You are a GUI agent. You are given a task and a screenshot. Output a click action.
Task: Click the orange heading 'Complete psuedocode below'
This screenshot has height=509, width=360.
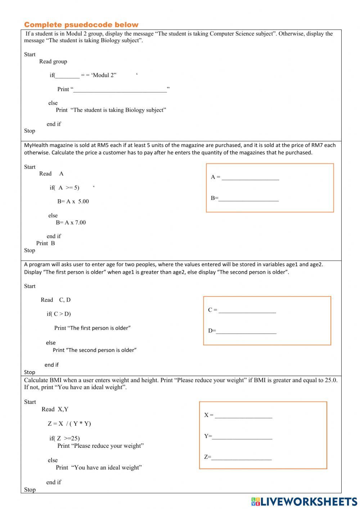(x=81, y=25)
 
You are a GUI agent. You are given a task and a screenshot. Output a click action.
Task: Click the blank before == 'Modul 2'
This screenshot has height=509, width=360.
(x=67, y=76)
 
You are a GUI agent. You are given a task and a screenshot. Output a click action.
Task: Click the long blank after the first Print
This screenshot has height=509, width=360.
(x=120, y=90)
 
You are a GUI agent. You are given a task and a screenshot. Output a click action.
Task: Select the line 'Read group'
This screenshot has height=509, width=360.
(x=53, y=62)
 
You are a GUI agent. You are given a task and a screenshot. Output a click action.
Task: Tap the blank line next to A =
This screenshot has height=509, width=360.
(x=250, y=177)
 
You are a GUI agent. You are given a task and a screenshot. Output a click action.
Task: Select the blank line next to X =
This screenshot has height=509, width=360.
(x=243, y=415)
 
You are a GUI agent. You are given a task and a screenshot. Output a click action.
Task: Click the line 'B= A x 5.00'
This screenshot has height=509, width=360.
(x=73, y=201)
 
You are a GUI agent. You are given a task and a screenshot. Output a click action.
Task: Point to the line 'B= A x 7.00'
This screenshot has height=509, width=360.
(x=71, y=223)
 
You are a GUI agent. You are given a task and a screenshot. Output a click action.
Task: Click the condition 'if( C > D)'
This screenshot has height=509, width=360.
(x=59, y=314)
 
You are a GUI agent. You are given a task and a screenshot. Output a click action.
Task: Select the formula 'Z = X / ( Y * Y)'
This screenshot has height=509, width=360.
(x=69, y=424)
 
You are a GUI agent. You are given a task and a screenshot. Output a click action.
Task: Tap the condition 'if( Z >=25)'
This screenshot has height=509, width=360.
(x=64, y=438)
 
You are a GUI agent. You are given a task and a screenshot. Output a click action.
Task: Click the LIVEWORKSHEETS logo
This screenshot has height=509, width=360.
(x=304, y=501)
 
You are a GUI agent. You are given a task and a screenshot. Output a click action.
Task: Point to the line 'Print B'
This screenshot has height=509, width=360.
(x=46, y=243)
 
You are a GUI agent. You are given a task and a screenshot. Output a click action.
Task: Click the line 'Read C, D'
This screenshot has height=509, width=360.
(x=55, y=300)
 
